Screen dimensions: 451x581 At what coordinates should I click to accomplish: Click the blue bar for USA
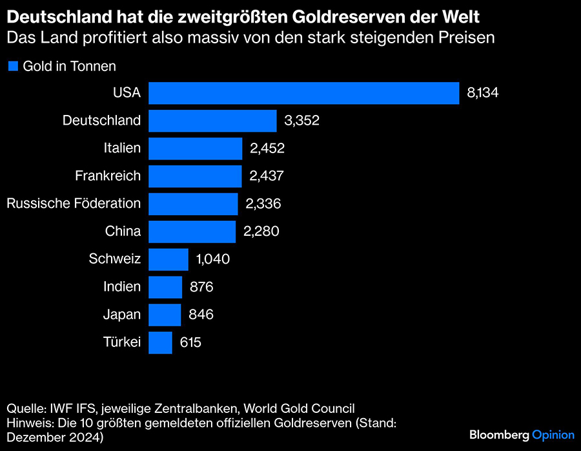[303, 93]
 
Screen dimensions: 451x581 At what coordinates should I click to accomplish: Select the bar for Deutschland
[212, 120]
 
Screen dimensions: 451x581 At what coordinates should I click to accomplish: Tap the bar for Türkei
[160, 342]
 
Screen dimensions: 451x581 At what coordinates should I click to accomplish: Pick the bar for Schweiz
[168, 259]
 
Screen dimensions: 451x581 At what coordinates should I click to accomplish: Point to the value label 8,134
[483, 93]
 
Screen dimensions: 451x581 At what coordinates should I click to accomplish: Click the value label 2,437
[267, 176]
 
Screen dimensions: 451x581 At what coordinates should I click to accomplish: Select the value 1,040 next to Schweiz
[212, 259]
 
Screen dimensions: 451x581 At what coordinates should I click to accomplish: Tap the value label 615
[190, 342]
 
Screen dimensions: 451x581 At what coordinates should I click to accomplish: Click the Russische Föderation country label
[74, 204]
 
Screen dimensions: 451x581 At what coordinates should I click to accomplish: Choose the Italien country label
[122, 148]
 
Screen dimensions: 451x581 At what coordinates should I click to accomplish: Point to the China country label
[123, 231]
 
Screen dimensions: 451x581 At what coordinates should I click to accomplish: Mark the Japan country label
[122, 315]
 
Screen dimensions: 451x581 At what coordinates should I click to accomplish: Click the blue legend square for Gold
[12, 65]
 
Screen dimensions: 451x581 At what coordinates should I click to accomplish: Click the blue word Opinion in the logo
[553, 435]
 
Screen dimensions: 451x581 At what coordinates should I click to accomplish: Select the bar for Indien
[165, 287]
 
